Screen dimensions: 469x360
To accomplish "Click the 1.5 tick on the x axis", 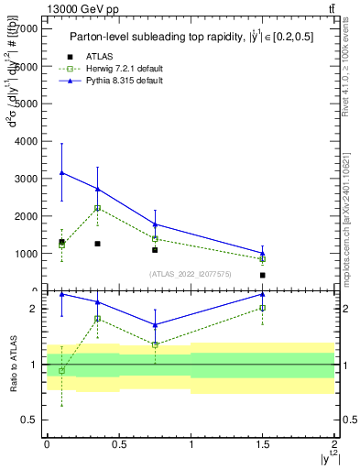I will (263, 444).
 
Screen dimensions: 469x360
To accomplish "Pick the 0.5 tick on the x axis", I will (119, 444).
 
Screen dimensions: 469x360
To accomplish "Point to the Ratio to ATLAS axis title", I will (13, 364).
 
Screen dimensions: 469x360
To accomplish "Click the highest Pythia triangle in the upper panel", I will (61, 172).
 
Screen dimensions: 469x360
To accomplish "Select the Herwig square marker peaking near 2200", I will (97, 208).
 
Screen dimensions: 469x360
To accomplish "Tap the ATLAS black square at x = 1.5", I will (263, 275).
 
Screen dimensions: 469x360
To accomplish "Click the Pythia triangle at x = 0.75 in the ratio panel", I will (155, 325).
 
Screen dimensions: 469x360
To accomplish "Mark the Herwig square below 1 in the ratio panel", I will (61, 371).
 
